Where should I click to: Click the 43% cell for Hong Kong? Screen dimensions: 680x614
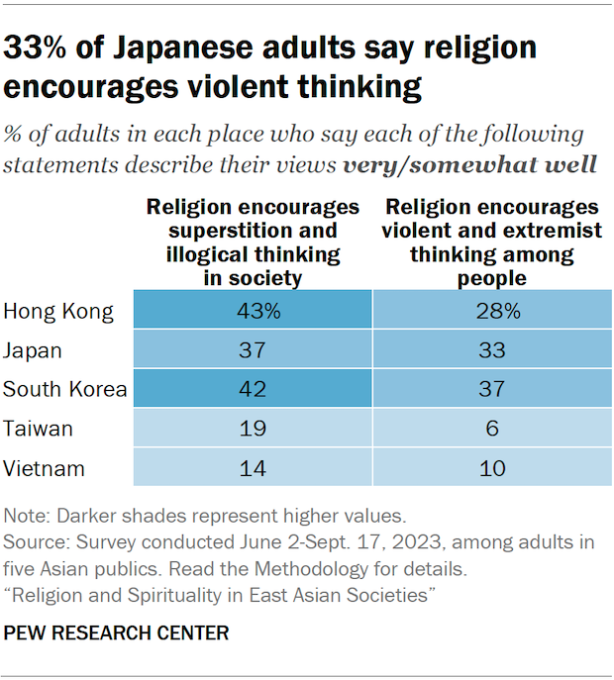253,312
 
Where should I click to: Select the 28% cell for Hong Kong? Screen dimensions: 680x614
492,312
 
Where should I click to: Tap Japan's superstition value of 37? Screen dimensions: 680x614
253,350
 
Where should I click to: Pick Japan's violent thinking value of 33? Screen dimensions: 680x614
492,350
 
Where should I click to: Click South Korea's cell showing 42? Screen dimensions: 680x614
253,389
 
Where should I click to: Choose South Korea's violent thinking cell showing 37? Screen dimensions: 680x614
492,389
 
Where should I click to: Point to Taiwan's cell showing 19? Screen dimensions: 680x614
253,428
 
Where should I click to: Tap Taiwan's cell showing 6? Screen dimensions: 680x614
492,428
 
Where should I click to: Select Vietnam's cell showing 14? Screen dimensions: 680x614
253,466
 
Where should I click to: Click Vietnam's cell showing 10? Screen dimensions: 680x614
492,466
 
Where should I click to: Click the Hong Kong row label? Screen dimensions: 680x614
58,313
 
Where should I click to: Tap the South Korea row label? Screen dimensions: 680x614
65,389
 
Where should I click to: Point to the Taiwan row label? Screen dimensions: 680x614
39,428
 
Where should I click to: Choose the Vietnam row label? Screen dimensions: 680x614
44,466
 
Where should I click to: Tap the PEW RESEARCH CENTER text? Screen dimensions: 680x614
117,632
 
